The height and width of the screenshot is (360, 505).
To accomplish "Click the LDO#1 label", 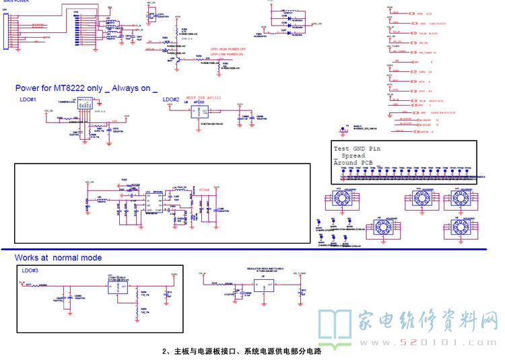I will pos(29,99).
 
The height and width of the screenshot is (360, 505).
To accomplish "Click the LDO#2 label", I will pos(172,100).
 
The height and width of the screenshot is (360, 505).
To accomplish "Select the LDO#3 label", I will pos(30,270).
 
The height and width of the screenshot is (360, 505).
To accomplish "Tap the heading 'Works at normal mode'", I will pos(59,258).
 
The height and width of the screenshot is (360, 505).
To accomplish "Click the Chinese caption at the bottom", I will pos(242,351).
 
